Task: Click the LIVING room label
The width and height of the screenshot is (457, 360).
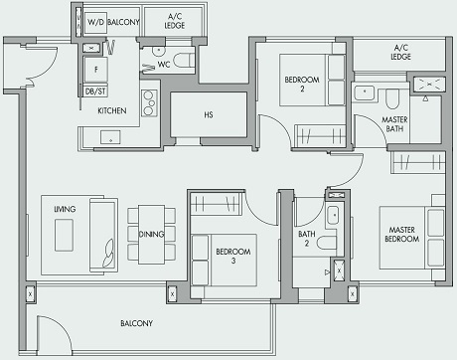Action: pos(66,210)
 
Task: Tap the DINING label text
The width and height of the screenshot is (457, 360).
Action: pos(152,236)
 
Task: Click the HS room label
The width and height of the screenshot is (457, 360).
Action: pos(209,114)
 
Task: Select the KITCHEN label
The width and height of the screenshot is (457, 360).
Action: pos(111,111)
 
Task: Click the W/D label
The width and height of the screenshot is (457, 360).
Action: pos(96,21)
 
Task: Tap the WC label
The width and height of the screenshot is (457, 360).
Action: pos(164,65)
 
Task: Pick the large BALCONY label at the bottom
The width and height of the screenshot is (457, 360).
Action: pos(136,324)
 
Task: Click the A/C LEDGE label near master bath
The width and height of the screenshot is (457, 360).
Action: pos(401,53)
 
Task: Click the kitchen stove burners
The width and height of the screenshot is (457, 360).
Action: pos(150,101)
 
